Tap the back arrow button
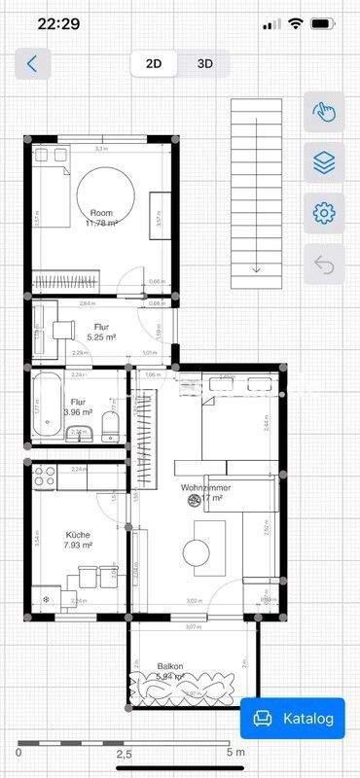[33, 64]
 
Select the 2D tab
[154, 64]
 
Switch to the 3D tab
[205, 64]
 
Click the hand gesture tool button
[323, 113]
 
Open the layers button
[323, 162]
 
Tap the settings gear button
[323, 212]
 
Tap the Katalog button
[293, 719]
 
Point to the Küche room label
[78, 540]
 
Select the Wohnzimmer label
[204, 492]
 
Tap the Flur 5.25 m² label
[101, 332]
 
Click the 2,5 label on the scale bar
[124, 754]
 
